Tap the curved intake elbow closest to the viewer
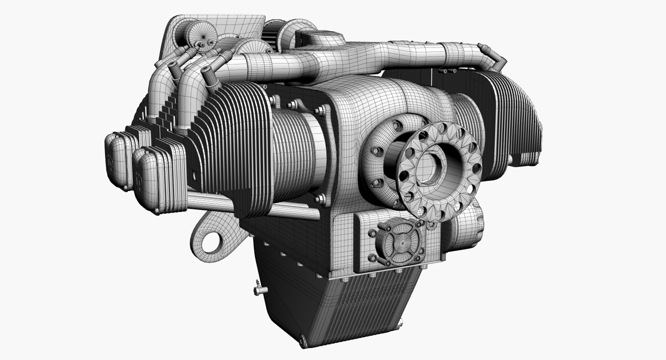[189, 94]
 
